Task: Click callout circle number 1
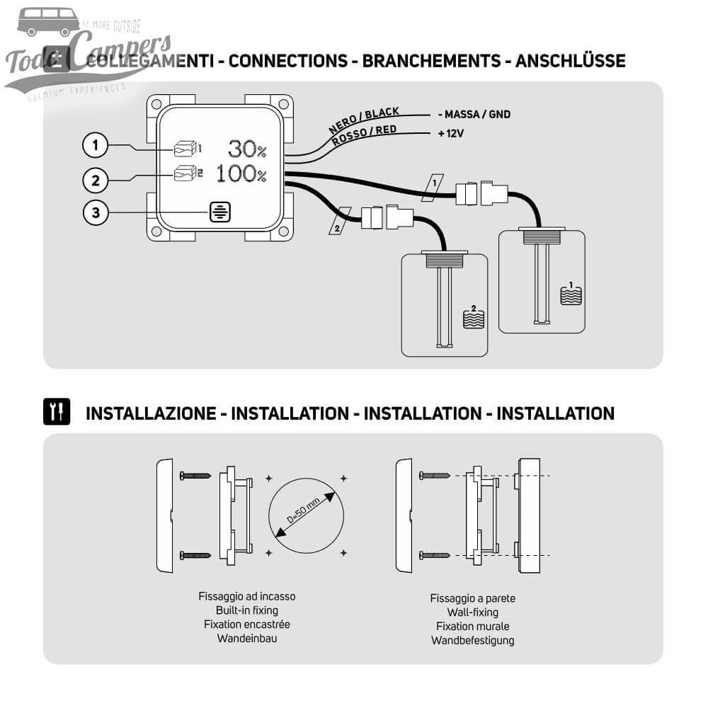95,146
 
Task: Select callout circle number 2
95,179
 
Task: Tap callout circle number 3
95,212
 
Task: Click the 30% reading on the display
247,149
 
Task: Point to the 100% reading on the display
241,173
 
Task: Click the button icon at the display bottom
219,212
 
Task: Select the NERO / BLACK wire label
364,121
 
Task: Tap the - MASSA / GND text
474,114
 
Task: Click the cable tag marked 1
435,183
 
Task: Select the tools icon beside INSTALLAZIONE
57,412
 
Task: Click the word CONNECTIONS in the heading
288,61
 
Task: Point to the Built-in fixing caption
246,610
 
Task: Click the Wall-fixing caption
472,612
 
